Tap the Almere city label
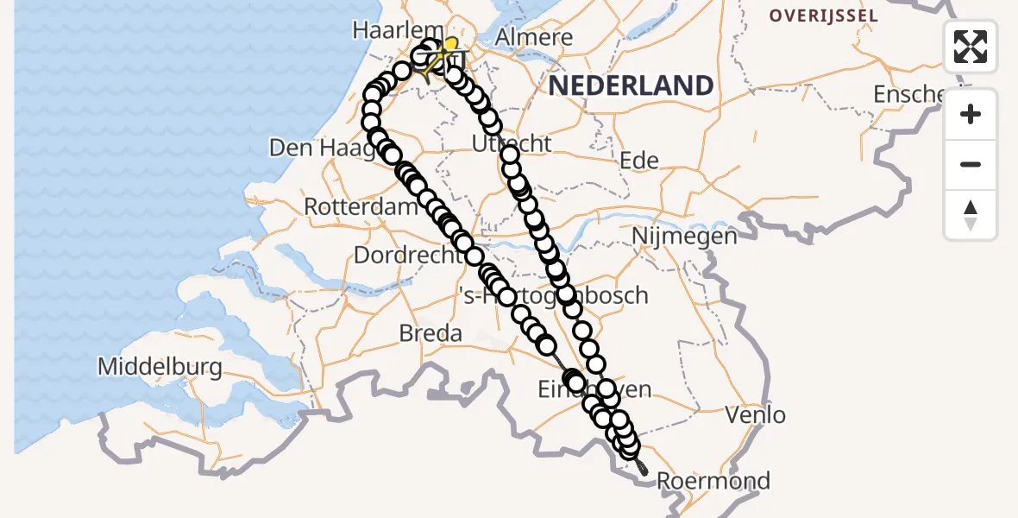(535, 38)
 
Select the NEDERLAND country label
(631, 85)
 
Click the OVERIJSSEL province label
(824, 16)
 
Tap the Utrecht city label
(512, 143)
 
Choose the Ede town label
(639, 160)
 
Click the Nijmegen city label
(684, 236)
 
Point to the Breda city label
(430, 332)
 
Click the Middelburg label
(160, 367)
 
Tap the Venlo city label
(756, 415)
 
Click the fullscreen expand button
(971, 47)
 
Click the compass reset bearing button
(971, 215)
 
